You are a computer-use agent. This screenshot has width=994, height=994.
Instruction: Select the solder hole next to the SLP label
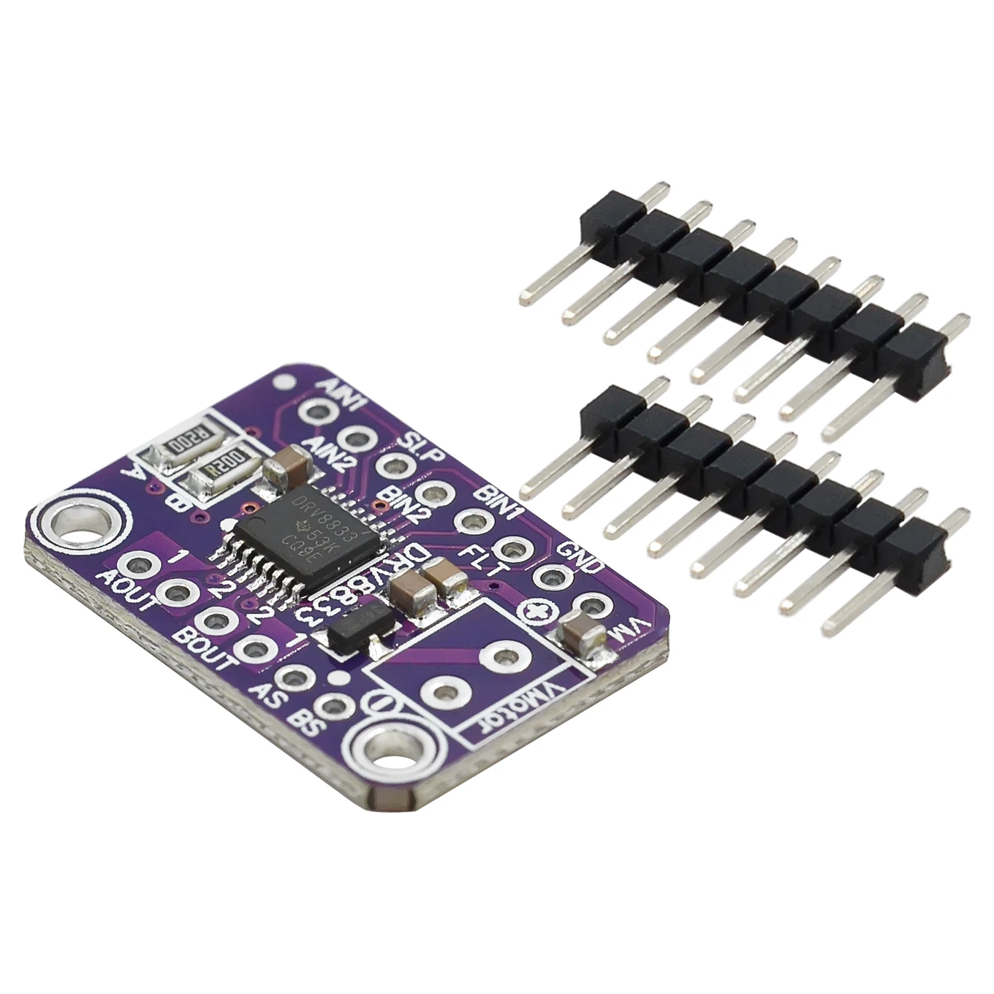point(395,466)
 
